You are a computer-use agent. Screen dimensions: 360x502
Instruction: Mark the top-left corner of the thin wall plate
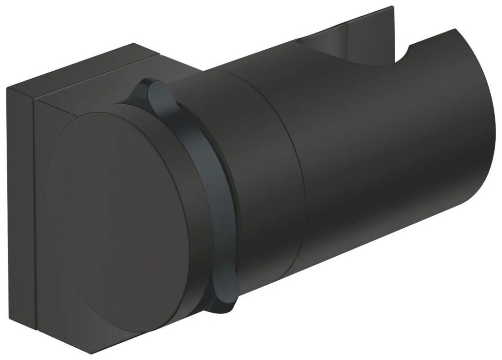coord(7,89)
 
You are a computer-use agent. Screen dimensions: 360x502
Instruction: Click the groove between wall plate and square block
coord(36,207)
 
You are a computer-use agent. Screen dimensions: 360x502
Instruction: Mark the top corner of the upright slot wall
coord(393,7)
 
